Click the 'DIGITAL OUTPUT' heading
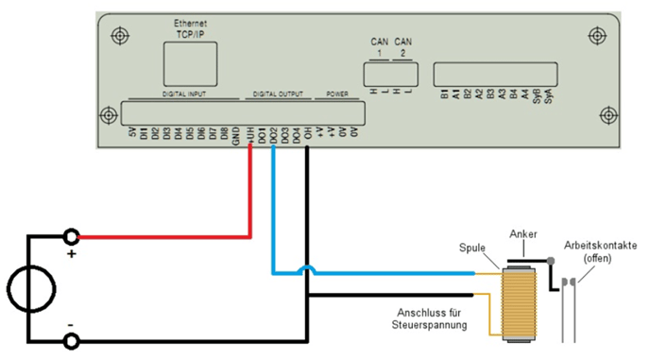tap(278, 95)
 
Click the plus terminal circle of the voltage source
tap(70, 236)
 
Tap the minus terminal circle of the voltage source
tap(70, 339)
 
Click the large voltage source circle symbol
tap(28, 287)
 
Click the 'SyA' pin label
tap(548, 102)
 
